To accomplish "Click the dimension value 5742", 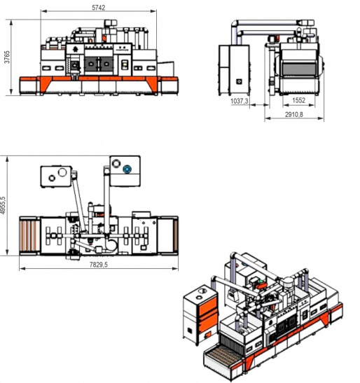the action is coord(99,8).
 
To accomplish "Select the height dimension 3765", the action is coord(7,57).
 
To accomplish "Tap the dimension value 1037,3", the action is coord(240,101).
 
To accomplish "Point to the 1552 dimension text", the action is coord(298,100).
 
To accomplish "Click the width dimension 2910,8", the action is coord(294,114).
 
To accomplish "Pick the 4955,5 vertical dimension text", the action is coord(3,205).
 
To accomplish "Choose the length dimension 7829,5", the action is coord(99,264).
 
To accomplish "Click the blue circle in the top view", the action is coord(127,169).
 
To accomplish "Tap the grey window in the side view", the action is coord(300,69).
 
